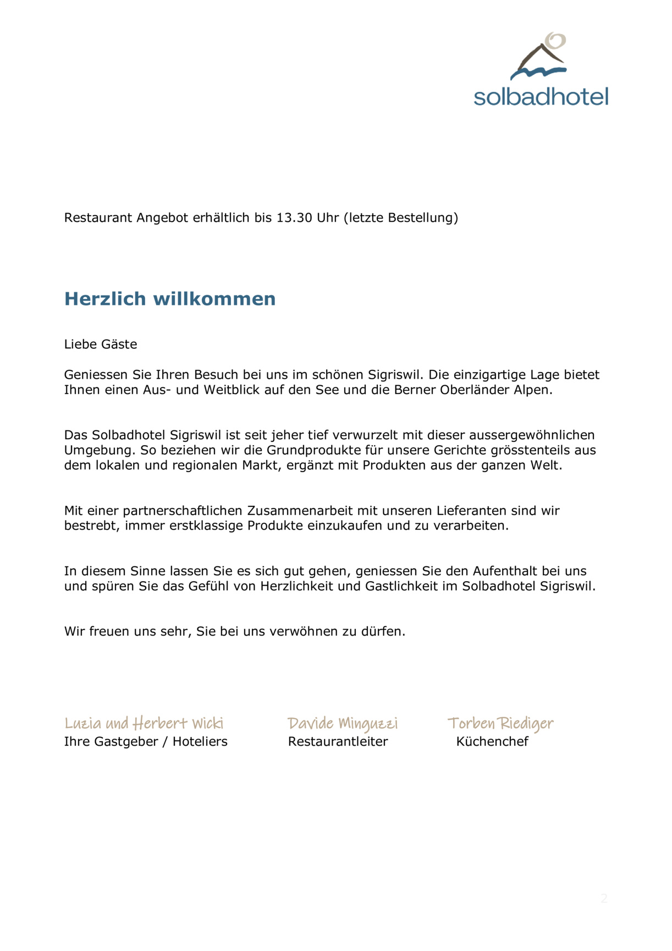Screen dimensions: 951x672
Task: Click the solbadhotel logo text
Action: (x=541, y=97)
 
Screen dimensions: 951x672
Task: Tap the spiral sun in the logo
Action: (x=555, y=41)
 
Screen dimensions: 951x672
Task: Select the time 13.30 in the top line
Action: (x=294, y=218)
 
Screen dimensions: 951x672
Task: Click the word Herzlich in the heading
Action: (x=105, y=299)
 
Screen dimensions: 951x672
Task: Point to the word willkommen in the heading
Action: (x=214, y=299)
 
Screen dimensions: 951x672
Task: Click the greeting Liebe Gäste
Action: (x=101, y=345)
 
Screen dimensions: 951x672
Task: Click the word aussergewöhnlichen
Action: (x=532, y=435)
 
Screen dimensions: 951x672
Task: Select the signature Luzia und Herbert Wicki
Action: (x=144, y=723)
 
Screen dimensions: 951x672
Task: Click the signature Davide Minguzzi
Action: (x=343, y=723)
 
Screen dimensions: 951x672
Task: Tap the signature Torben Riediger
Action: (x=500, y=723)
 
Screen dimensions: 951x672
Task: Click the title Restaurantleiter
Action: (x=338, y=742)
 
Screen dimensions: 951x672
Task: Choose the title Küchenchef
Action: (x=492, y=742)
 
